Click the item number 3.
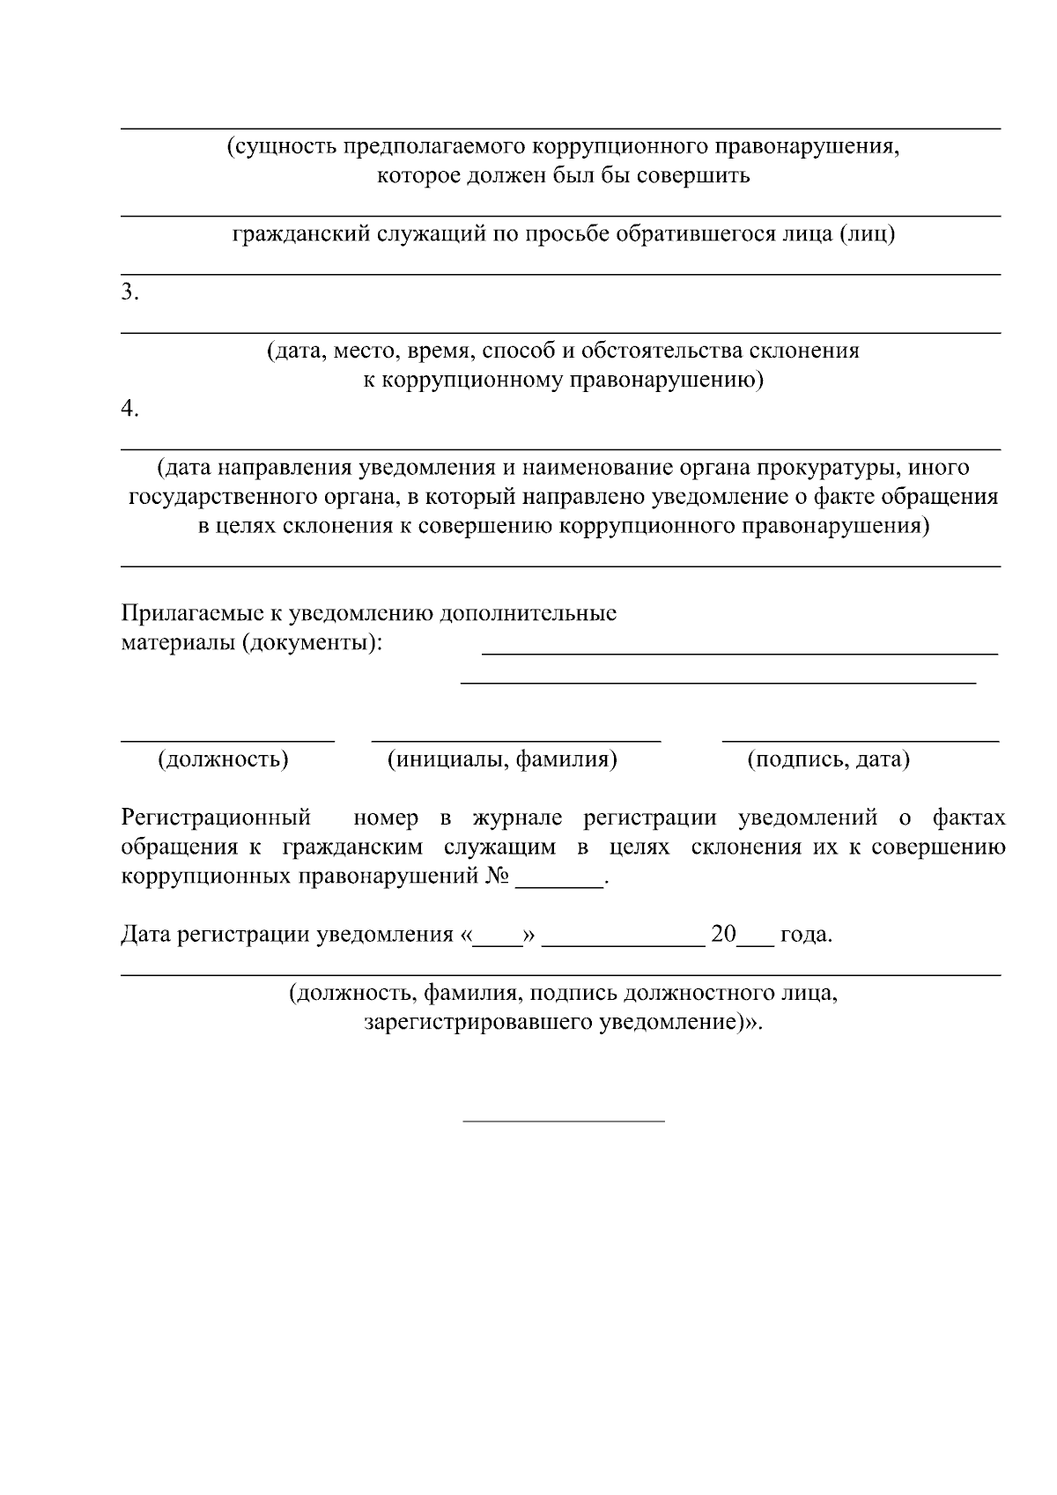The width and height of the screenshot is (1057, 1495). (129, 292)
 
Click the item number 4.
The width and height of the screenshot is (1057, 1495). (129, 409)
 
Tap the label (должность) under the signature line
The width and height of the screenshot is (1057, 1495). (223, 759)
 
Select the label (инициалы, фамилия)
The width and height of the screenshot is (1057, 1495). (502, 759)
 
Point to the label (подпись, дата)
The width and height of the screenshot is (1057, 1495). (828, 759)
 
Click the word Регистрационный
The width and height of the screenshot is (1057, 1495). (216, 818)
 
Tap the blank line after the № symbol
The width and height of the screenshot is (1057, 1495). (558, 884)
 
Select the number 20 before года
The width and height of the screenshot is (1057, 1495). (723, 934)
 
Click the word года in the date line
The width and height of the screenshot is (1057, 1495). (805, 935)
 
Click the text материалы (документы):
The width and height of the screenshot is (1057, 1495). (252, 642)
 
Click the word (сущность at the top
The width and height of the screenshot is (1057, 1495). (282, 146)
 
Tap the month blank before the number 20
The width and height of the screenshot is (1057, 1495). (623, 941)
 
